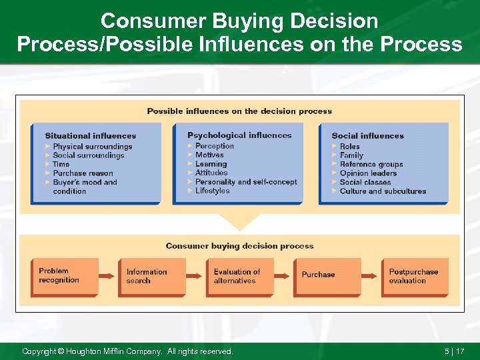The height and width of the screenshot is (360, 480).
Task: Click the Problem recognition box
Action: [64, 276]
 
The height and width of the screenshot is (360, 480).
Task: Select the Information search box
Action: [152, 276]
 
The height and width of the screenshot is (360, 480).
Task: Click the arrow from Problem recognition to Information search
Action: [108, 276]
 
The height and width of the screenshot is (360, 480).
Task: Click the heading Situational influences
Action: [90, 136]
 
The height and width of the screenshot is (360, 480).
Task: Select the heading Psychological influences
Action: [239, 135]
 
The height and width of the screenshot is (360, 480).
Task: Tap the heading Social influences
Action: [367, 136]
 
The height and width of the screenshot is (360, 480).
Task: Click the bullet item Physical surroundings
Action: [92, 147]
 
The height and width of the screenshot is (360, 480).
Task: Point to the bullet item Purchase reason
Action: [83, 173]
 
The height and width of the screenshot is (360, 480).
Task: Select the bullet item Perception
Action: [214, 146]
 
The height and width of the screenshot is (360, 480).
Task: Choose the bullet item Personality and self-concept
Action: [245, 182]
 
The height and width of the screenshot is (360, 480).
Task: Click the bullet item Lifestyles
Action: [212, 191]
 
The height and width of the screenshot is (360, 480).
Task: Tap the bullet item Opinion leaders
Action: [368, 173]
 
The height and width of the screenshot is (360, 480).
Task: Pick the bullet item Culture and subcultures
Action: [383, 191]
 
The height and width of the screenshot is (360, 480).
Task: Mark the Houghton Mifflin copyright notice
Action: [127, 351]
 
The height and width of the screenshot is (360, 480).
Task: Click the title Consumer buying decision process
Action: [239, 246]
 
